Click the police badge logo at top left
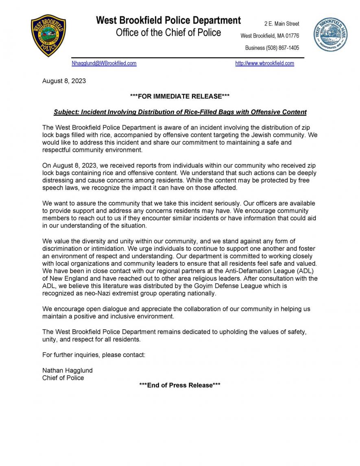48,35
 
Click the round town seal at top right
330,35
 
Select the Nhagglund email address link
104,63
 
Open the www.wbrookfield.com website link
264,63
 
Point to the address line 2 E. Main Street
281,24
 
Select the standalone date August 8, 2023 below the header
64,81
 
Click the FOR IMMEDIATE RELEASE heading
180,96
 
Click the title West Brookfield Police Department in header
168,20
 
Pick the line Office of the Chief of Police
168,33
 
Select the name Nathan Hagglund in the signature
68,370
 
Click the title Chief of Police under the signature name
63,378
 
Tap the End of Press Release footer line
180,385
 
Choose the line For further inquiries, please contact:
94,355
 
